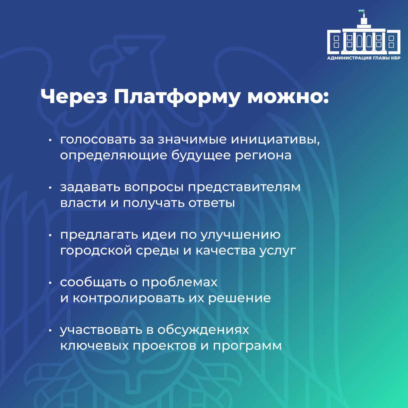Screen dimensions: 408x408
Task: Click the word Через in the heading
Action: pos(74,97)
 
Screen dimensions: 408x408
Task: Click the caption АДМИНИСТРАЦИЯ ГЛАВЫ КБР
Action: pos(363,58)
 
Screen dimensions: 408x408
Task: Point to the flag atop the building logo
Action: pos(361,11)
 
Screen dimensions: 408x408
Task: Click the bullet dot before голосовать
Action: pos(51,140)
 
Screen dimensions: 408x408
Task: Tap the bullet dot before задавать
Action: pos(51,188)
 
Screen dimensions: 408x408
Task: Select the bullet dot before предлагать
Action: pos(51,235)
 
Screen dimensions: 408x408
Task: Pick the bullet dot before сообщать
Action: pos(51,283)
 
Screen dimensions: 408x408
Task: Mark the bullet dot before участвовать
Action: pos(51,331)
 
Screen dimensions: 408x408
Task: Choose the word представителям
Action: pos(244,188)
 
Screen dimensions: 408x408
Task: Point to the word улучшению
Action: pos(240,235)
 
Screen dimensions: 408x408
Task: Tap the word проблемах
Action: pos(179,283)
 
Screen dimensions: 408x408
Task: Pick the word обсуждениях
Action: pos(203,330)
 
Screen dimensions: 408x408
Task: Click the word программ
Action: pos(247,346)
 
